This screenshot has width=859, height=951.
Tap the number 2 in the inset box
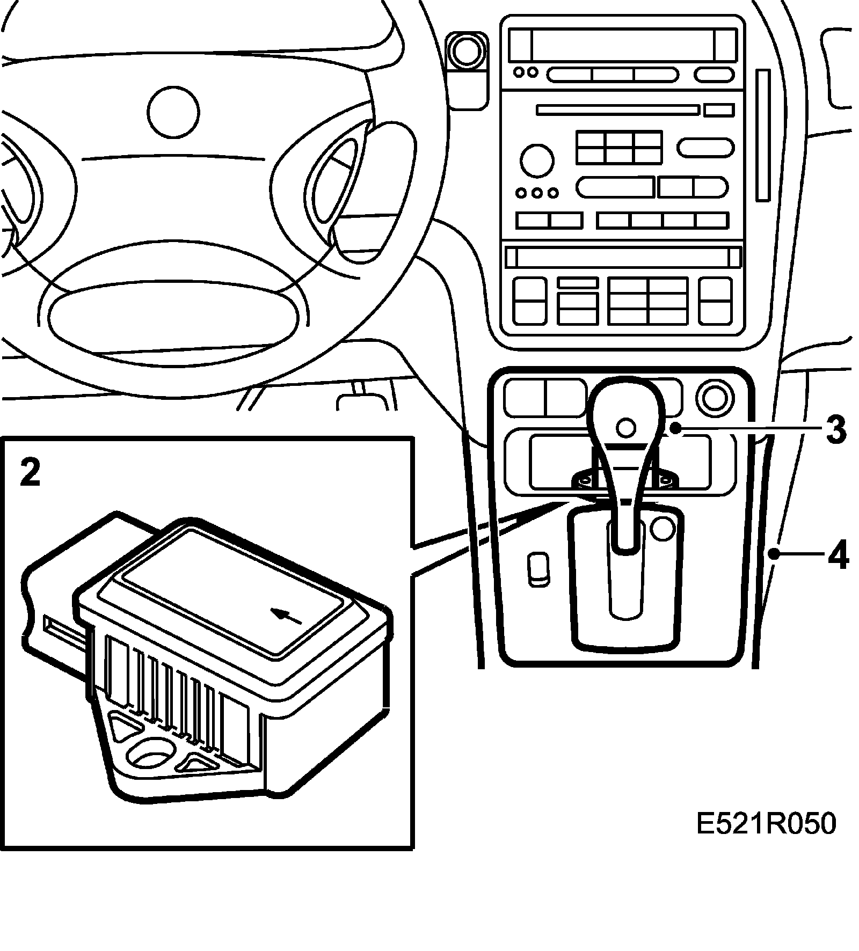pos(30,473)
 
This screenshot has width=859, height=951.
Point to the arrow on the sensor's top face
pos(288,617)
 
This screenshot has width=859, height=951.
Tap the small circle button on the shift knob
pos(626,428)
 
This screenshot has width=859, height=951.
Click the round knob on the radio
pos(537,160)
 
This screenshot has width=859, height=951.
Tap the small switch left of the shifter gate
pos(538,568)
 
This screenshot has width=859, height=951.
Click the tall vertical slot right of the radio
pos(763,135)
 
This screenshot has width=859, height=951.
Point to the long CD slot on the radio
pos(618,110)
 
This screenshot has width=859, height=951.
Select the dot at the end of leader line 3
pos(675,428)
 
